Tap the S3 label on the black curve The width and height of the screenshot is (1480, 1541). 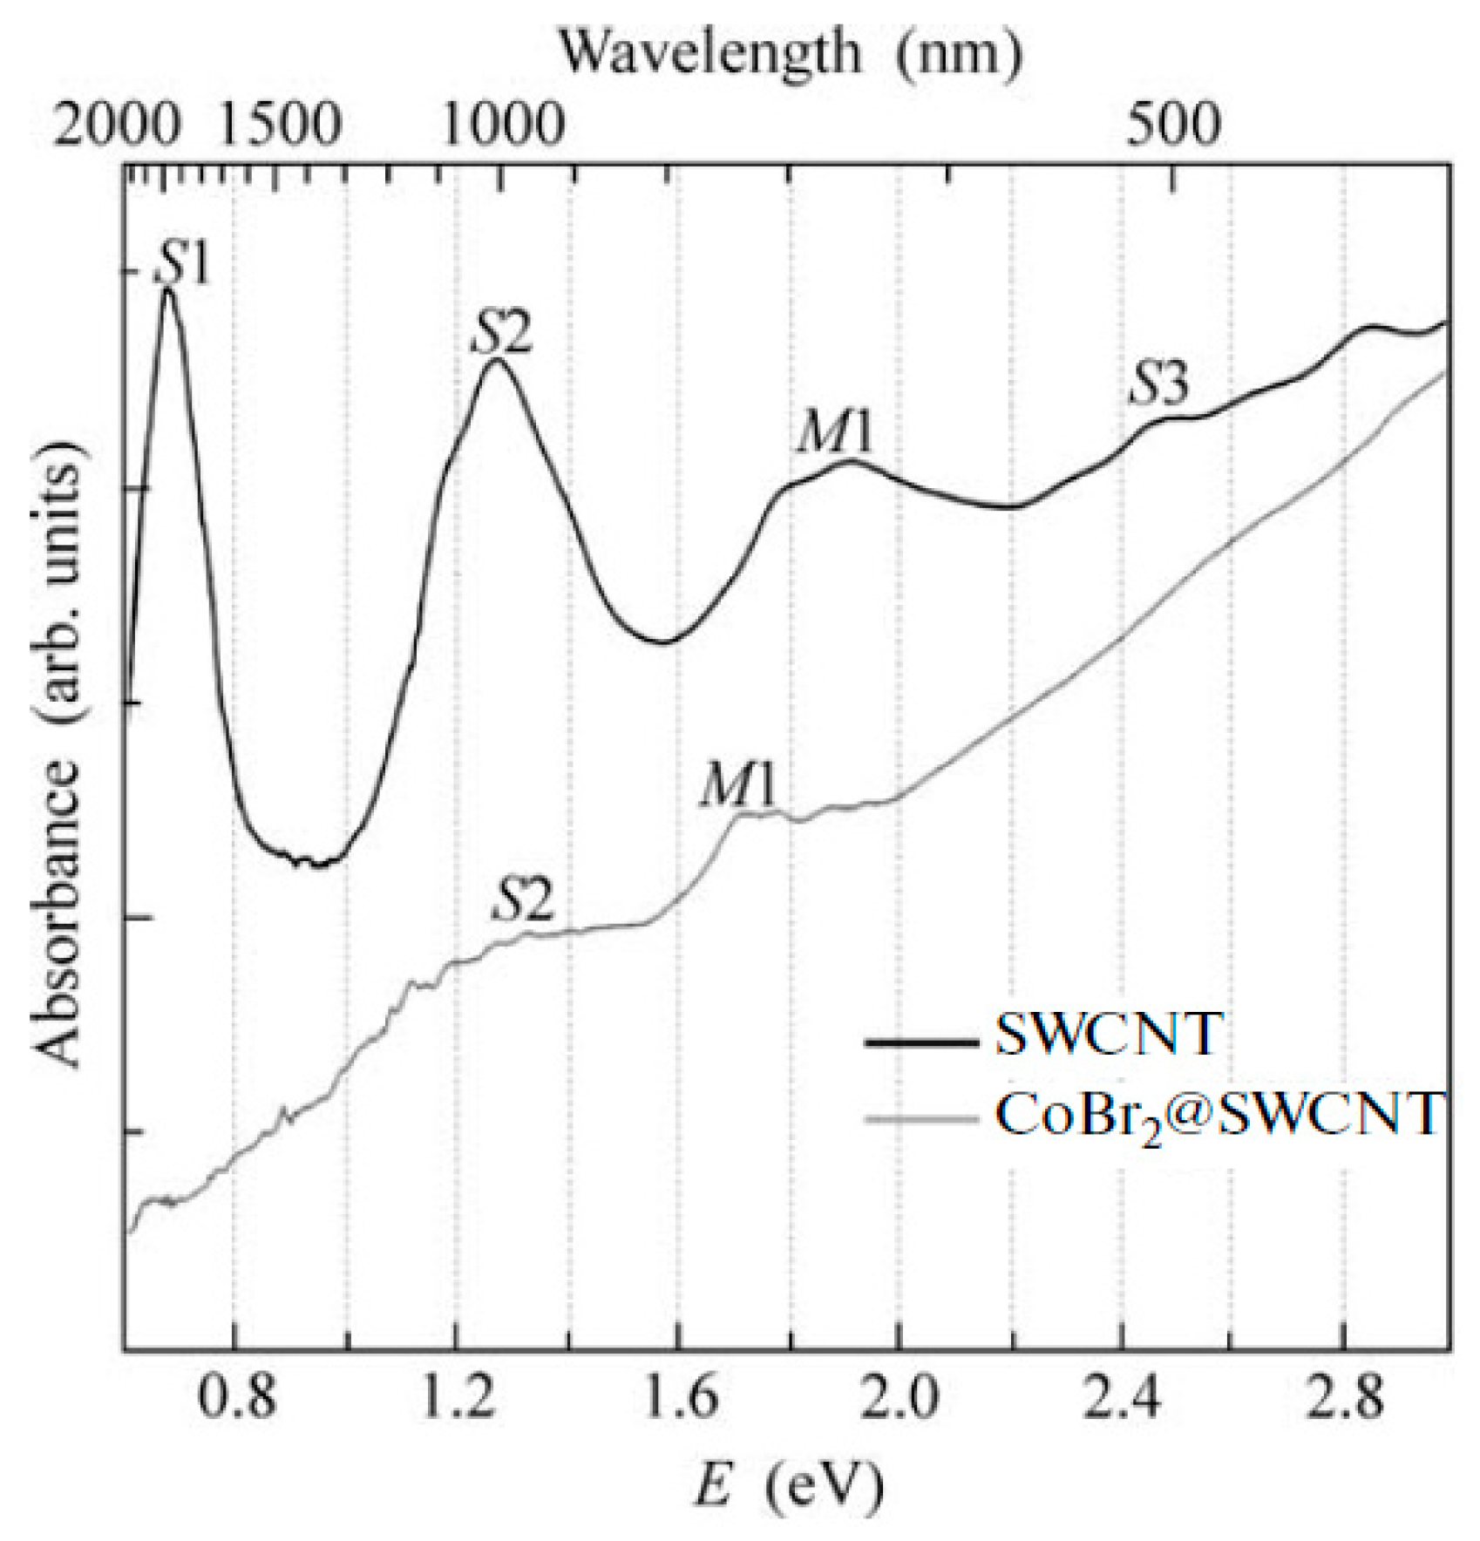tap(1158, 384)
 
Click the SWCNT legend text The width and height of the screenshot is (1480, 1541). tap(1107, 1035)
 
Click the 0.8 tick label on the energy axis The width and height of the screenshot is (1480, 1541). tap(234, 1397)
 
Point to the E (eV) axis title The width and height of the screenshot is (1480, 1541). tap(789, 1486)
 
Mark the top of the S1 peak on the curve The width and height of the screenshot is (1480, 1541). tap(167, 289)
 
